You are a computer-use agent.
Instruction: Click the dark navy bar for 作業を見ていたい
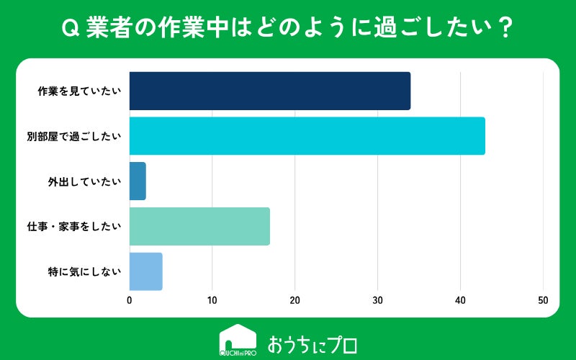point(270,91)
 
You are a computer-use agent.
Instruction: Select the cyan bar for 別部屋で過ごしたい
point(307,136)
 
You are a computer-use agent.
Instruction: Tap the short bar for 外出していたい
point(138,181)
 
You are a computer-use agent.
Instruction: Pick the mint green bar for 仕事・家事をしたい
point(199,226)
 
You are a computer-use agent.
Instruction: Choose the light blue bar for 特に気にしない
point(146,271)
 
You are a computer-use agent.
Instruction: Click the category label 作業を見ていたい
point(79,91)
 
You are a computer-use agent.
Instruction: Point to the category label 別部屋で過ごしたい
point(74,136)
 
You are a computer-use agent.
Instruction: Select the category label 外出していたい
point(84,181)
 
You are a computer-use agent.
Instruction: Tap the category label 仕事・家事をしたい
point(74,227)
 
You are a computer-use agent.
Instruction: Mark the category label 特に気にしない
point(84,272)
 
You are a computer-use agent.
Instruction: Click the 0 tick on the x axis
point(130,300)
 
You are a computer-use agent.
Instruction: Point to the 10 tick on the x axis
point(212,300)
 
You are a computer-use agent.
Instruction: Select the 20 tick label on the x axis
point(294,300)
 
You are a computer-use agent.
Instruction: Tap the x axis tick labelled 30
point(377,300)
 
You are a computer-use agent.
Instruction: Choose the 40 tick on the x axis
point(460,300)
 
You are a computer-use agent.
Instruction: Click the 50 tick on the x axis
point(543,300)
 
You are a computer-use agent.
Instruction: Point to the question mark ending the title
point(506,28)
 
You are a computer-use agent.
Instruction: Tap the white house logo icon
point(238,340)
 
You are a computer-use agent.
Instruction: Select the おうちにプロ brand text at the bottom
point(312,345)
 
